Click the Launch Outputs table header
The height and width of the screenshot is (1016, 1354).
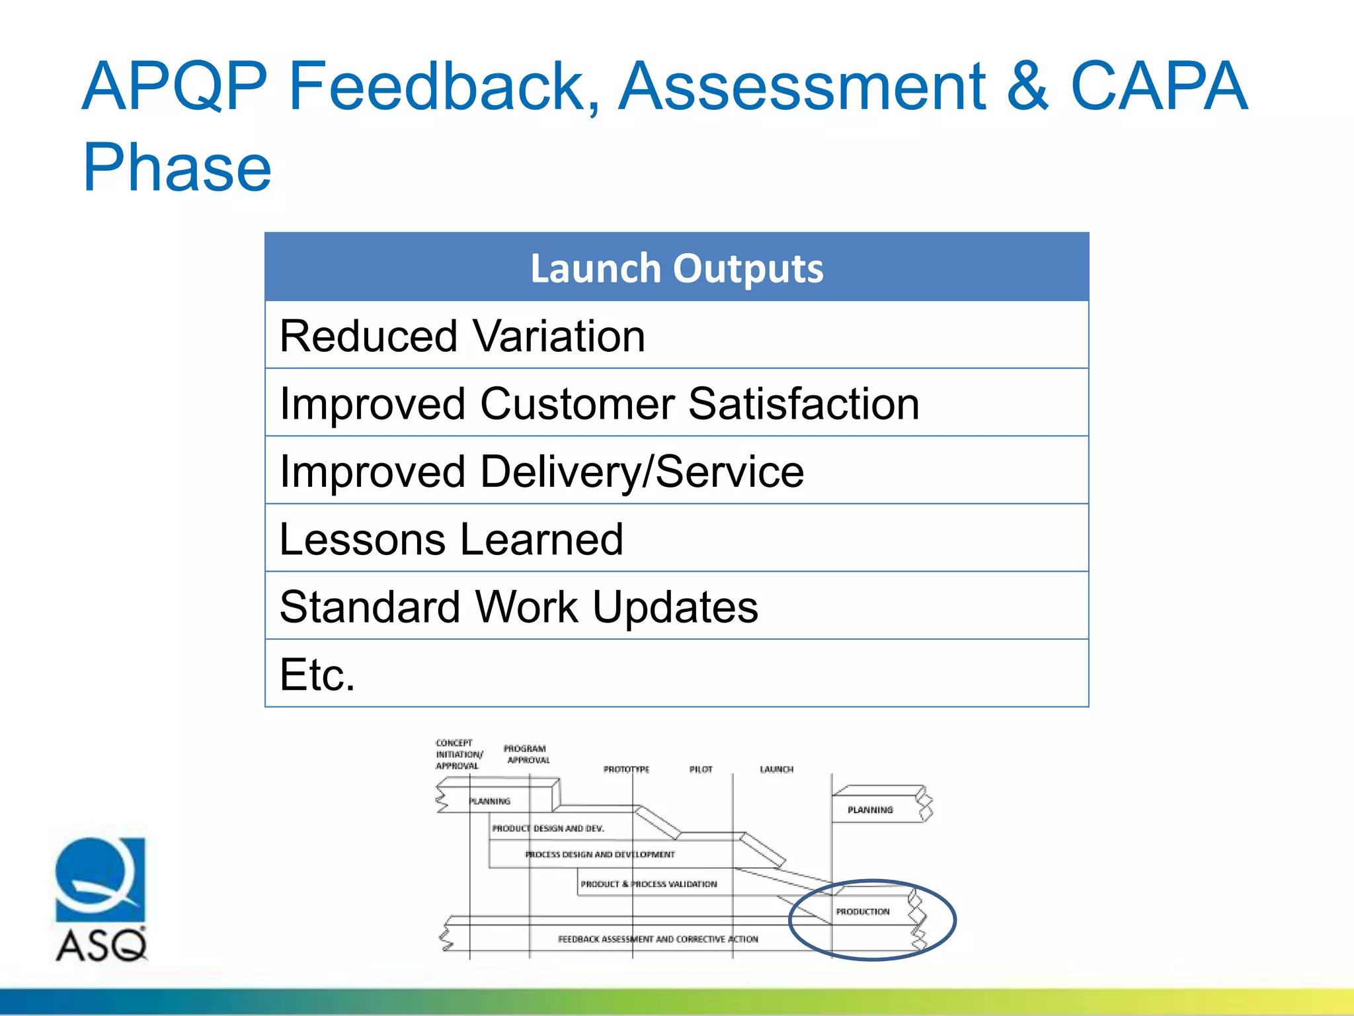pos(676,268)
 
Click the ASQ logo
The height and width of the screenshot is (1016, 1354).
pos(100,899)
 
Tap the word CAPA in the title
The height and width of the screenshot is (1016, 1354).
pos(1158,86)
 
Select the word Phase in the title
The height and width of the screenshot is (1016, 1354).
pos(177,168)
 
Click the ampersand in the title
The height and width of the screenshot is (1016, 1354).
pos(1027,86)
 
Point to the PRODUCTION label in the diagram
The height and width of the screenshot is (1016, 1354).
pos(862,911)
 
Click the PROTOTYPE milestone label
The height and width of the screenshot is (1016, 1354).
pos(626,769)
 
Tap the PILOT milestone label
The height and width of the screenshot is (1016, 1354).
pos(701,769)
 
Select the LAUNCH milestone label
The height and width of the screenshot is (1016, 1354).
pos(776,769)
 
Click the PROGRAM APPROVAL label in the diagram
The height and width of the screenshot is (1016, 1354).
pos(526,754)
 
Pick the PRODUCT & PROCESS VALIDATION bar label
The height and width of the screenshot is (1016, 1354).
pos(649,884)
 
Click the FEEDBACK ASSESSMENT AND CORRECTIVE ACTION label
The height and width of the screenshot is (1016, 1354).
pos(658,939)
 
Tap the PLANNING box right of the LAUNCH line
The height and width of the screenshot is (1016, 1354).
pos(870,810)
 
